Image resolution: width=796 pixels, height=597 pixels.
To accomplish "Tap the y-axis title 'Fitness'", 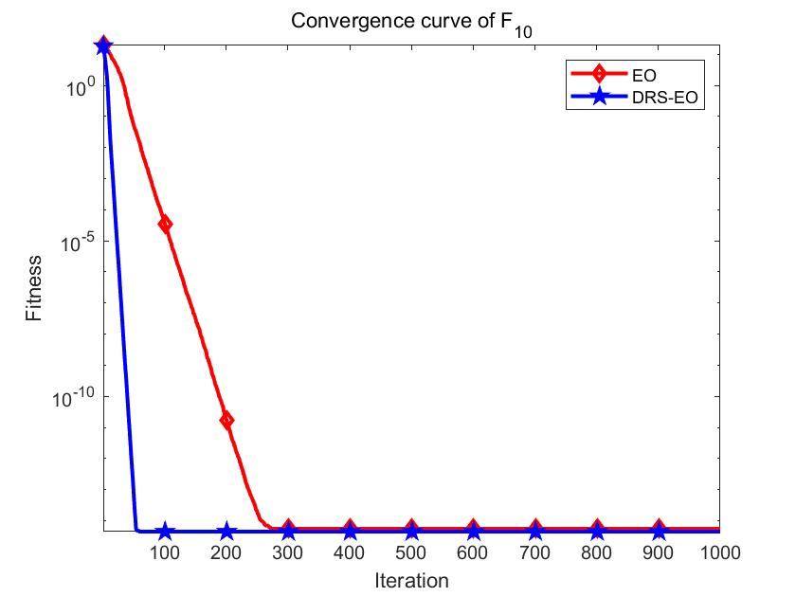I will tap(34, 288).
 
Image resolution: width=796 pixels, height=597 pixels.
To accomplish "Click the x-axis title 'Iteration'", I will tap(410, 579).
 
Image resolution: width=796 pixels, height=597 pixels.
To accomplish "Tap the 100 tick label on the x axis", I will tap(165, 552).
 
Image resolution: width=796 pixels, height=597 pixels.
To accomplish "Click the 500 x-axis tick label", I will tap(411, 552).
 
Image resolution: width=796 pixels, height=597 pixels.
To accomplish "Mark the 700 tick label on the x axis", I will tap(534, 552).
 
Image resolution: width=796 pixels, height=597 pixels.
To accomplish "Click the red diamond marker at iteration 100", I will tap(165, 224).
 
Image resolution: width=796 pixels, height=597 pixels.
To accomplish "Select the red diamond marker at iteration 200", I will tap(226, 420).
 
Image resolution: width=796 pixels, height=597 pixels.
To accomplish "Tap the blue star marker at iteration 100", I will tap(165, 532).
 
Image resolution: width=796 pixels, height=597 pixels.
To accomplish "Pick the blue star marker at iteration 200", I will tap(226, 532).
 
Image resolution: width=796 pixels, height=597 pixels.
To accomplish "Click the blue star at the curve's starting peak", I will tap(103, 45).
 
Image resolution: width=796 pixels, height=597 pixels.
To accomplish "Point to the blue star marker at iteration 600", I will tap(473, 532).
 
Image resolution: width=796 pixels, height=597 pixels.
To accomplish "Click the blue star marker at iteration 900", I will tap(658, 532).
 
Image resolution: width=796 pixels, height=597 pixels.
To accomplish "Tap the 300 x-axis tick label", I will tap(288, 552).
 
